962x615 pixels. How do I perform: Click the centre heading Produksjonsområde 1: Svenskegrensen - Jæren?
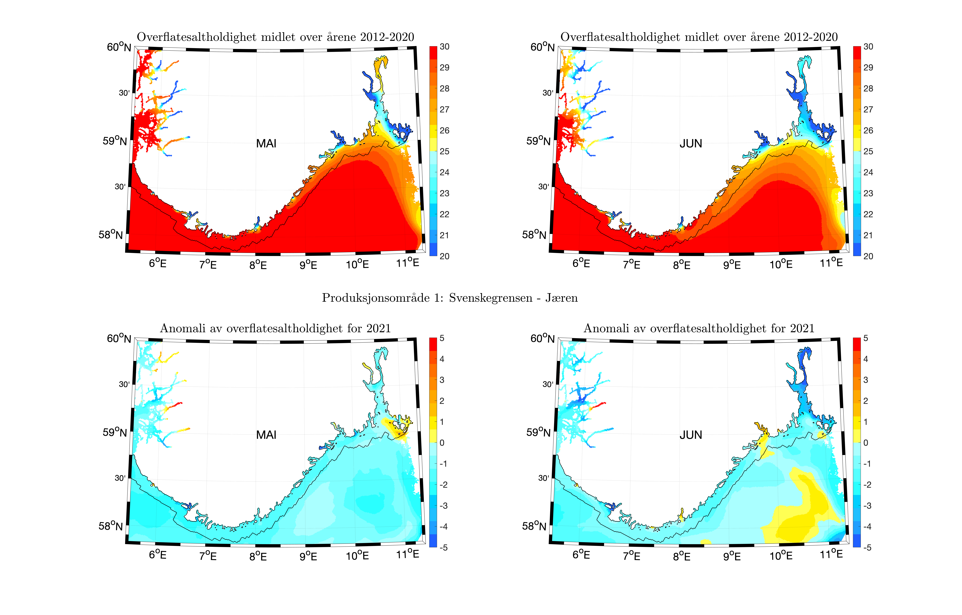pyautogui.click(x=450, y=298)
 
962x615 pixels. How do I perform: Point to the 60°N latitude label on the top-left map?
pyautogui.click(x=119, y=47)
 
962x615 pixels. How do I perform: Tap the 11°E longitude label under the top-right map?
pyautogui.click(x=831, y=263)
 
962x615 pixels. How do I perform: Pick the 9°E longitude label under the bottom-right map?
pyautogui.click(x=732, y=556)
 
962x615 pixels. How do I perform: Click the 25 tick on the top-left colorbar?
pyautogui.click(x=444, y=151)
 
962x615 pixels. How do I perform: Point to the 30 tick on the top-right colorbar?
pyautogui.click(x=868, y=47)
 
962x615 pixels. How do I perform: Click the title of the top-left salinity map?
pyautogui.click(x=275, y=37)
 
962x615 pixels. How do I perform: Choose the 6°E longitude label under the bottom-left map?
pyautogui.click(x=157, y=554)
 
